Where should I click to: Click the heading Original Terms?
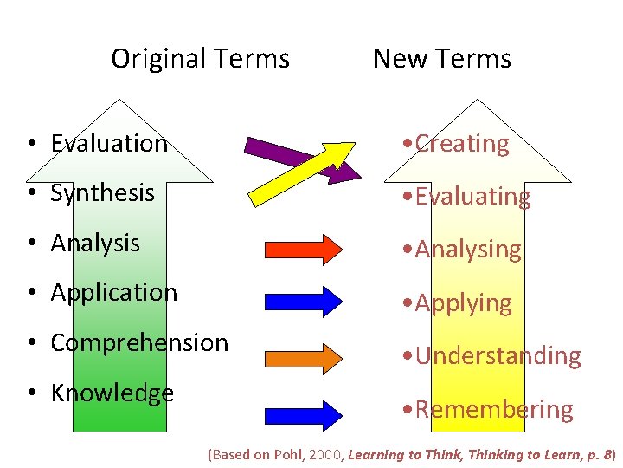[200, 59]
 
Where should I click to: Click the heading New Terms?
[441, 59]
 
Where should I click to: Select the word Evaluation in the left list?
[109, 143]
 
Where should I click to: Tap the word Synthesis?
[102, 192]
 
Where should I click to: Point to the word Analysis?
[95, 243]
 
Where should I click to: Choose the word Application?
[114, 292]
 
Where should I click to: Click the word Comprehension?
[139, 342]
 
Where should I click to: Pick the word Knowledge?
[112, 393]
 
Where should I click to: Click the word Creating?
[462, 144]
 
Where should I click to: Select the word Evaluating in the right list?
[472, 197]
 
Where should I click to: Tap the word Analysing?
[468, 250]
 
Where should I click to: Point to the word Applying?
[463, 302]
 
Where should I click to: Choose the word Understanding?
[498, 355]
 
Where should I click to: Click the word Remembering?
[493, 409]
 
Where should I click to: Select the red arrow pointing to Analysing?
[304, 249]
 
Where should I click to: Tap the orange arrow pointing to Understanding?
[304, 355]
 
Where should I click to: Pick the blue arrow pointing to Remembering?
[304, 411]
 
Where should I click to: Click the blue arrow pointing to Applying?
[304, 299]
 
